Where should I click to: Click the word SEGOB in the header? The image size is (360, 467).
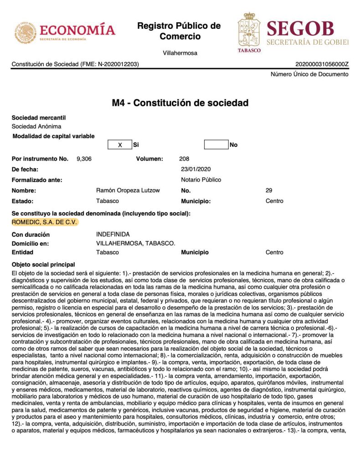[300, 28]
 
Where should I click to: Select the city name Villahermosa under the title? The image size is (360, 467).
[180, 53]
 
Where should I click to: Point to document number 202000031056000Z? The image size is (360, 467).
[322, 64]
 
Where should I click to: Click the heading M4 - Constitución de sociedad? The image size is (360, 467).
[180, 103]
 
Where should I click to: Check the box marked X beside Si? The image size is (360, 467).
[120, 145]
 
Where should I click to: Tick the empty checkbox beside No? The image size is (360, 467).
[216, 145]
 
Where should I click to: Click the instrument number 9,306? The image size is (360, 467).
[85, 159]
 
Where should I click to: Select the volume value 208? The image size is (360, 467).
[185, 159]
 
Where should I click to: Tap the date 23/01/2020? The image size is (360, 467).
[196, 170]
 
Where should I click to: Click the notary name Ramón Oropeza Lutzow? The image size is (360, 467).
[128, 191]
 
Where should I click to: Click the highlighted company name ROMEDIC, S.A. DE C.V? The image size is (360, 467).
[45, 222]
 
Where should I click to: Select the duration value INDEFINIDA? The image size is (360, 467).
[113, 234]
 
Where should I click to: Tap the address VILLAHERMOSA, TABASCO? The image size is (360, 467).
[136, 244]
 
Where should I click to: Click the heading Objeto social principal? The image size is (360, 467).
[43, 265]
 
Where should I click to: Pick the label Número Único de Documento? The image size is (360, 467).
[309, 74]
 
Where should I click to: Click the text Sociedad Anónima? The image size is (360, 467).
[36, 126]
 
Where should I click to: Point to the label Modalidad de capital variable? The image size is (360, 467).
[54, 136]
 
